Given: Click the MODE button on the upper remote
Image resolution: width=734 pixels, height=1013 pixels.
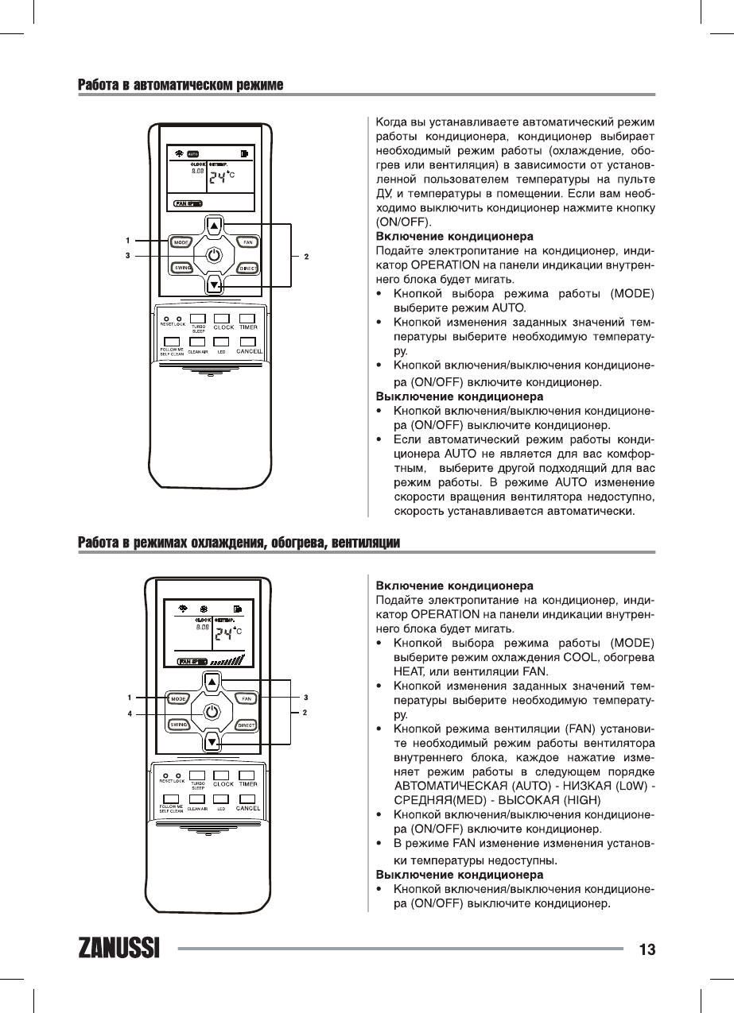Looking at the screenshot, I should (181, 242).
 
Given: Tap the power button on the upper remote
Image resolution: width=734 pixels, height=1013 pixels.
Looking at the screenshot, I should (213, 256).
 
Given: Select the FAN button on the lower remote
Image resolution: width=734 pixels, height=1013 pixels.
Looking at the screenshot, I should (247, 698).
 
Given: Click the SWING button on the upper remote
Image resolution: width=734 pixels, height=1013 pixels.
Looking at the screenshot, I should (181, 268).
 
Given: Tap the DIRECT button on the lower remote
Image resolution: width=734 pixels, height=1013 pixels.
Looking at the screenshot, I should (247, 725).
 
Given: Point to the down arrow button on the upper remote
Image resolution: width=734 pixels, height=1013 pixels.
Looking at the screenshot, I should (213, 284).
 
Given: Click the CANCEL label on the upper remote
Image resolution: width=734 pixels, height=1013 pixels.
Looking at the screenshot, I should (249, 352).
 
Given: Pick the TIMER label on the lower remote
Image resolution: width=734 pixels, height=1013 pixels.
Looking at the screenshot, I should (247, 784).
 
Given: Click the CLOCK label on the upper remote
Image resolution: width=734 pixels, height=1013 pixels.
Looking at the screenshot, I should (223, 327).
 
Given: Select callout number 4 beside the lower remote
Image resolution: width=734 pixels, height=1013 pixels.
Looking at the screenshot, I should (130, 713).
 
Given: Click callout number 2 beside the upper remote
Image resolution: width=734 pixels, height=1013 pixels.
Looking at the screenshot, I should (306, 256).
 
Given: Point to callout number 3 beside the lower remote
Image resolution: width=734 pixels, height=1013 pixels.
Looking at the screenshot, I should (305, 698).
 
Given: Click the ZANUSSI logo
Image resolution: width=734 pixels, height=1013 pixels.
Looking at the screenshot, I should (120, 949).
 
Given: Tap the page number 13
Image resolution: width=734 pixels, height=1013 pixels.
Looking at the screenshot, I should (646, 949).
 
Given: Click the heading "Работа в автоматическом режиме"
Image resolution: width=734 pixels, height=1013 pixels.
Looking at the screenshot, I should (181, 84).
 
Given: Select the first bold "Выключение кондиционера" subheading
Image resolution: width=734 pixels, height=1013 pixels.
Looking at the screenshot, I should (459, 396).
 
